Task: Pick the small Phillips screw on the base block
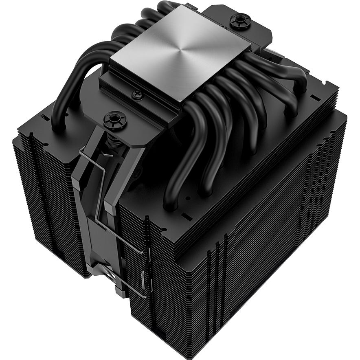coord(137,94)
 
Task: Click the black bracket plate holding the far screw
coord(248,33)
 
